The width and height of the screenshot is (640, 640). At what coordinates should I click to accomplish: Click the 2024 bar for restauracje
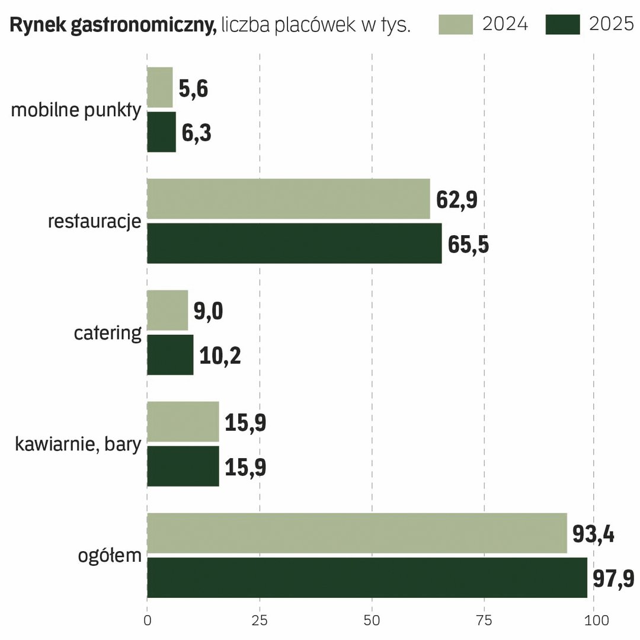point(288,199)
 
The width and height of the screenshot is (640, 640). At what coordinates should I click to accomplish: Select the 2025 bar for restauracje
point(295,244)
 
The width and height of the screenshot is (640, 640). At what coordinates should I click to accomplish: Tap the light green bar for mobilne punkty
point(159,87)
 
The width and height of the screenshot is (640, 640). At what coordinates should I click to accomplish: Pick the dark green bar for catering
point(170,355)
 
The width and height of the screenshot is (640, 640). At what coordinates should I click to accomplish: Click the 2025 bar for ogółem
point(367,578)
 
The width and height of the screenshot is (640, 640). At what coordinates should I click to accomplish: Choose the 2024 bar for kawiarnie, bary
point(183,421)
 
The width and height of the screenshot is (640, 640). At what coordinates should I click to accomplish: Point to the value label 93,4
point(593,534)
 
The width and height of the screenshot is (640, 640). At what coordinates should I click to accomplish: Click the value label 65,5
point(468,245)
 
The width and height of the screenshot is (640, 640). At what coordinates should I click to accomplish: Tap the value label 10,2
point(220,356)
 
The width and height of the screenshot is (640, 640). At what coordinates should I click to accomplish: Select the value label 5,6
point(193,88)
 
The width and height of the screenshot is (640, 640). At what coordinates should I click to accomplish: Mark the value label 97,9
point(613,578)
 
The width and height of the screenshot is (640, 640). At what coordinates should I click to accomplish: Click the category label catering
point(108,333)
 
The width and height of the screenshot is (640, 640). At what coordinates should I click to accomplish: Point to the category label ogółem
point(110,556)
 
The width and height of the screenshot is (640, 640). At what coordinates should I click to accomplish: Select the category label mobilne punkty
point(76,110)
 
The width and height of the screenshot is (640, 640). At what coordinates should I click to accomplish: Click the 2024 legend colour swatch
point(456,24)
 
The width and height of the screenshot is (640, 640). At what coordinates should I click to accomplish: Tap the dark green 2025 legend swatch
point(562,24)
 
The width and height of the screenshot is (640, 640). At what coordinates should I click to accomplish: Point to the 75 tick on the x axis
point(484,620)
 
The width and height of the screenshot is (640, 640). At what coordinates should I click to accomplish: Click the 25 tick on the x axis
point(260,620)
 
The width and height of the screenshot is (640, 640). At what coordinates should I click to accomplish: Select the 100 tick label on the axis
point(596,620)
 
